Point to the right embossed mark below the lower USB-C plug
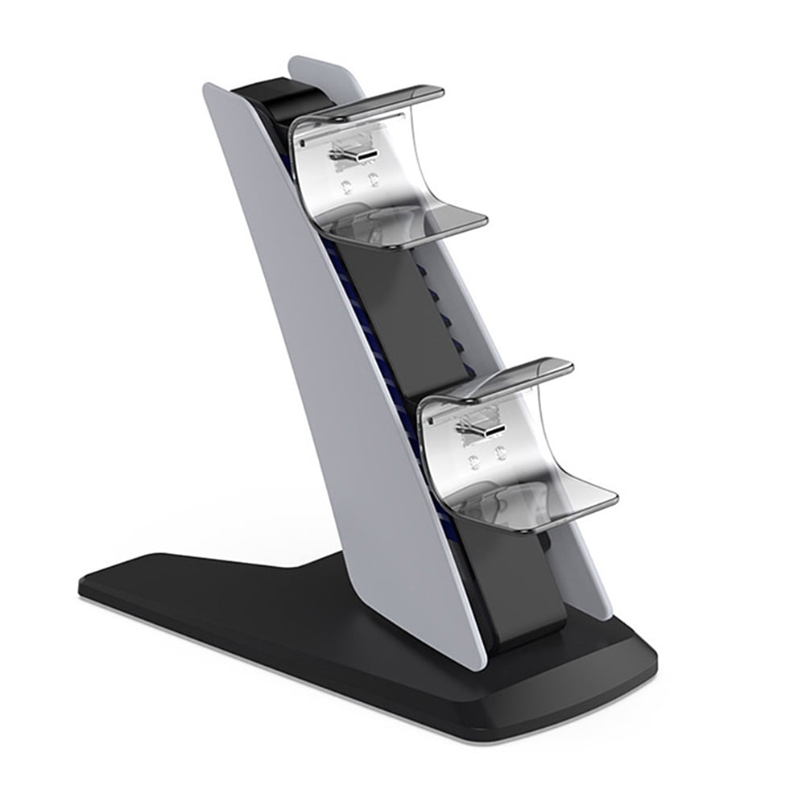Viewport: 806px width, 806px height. [502, 455]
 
